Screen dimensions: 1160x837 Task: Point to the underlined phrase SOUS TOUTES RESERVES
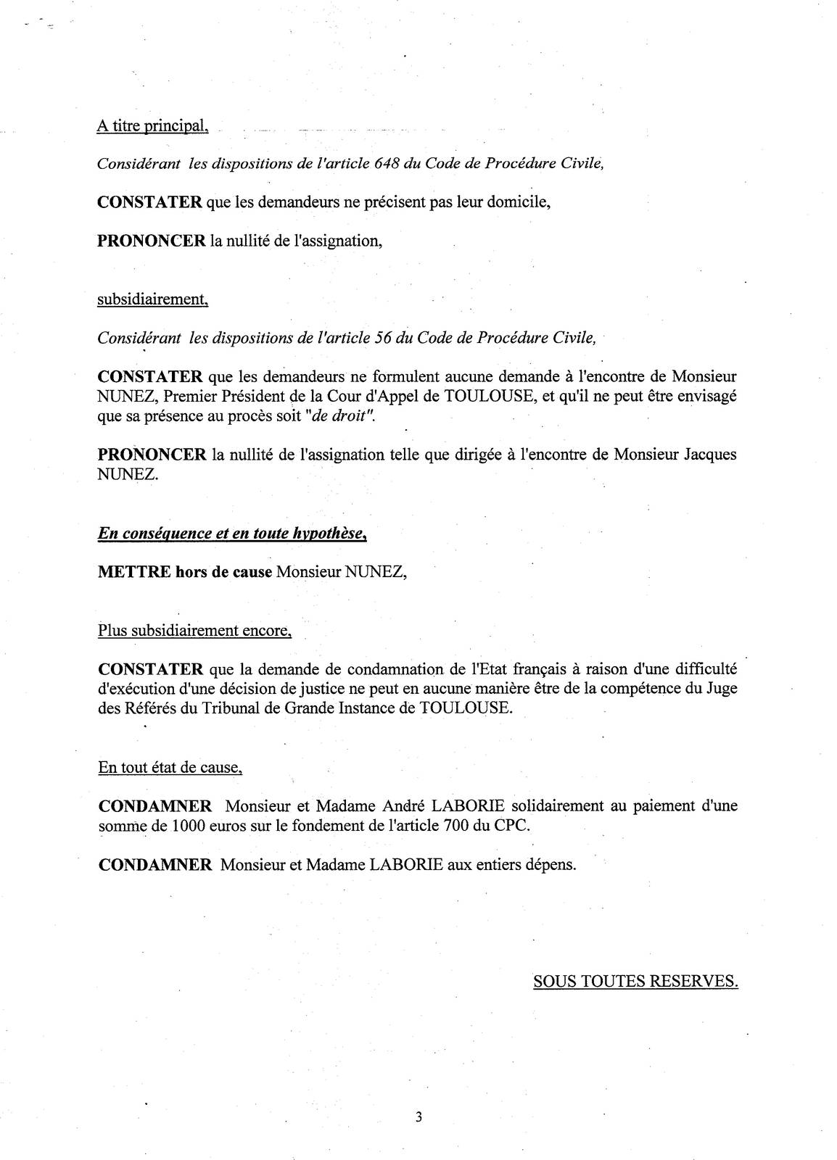tap(635, 981)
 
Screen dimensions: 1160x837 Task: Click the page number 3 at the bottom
tap(418, 1116)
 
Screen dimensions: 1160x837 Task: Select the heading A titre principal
tap(152, 126)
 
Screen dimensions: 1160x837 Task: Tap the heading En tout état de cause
tap(170, 767)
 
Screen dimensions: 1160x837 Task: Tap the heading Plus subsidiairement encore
tap(194, 630)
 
